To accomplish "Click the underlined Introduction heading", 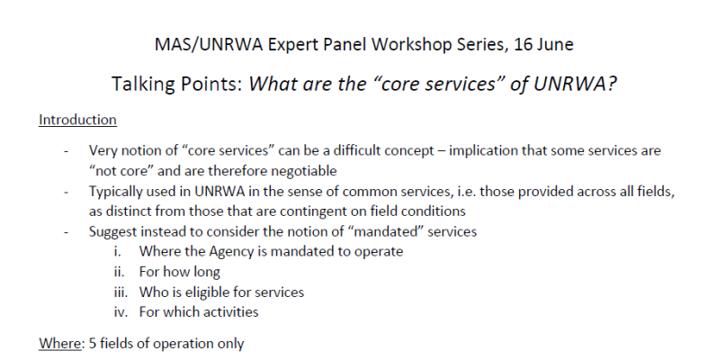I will click(x=77, y=119).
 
